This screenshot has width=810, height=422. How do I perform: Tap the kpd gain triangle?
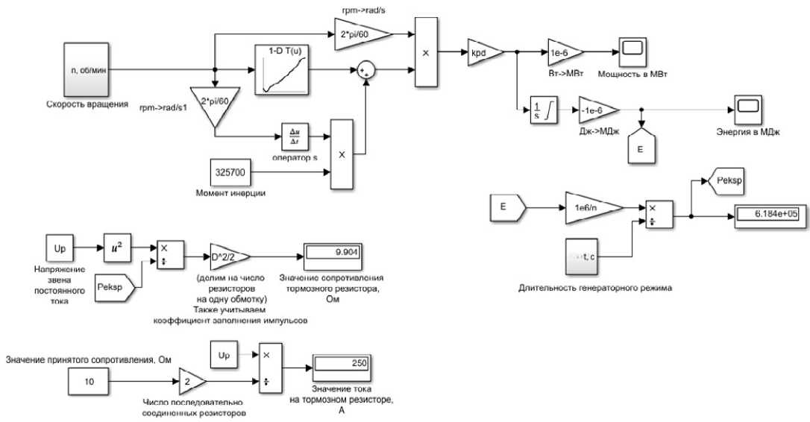[485, 51]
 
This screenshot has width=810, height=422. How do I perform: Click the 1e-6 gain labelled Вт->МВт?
[564, 51]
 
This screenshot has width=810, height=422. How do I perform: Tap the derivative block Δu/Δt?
[295, 136]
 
